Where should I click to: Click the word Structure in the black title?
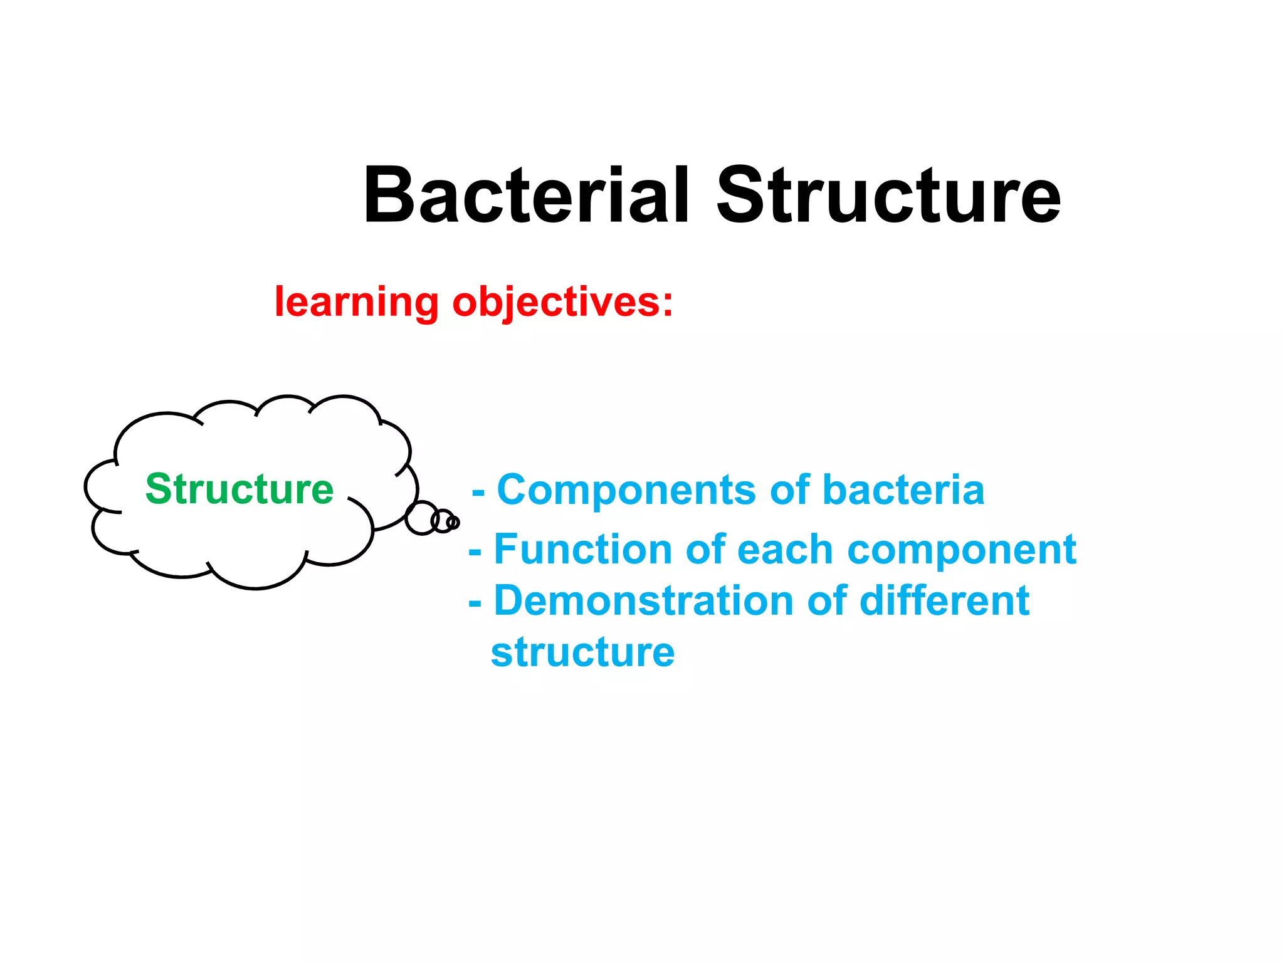(888, 196)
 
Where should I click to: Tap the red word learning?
(356, 302)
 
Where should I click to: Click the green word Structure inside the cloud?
(239, 489)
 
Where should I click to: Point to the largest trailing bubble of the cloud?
(421, 518)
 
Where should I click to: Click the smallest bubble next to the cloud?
(455, 522)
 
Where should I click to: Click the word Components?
(626, 490)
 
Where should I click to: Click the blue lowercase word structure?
(582, 653)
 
